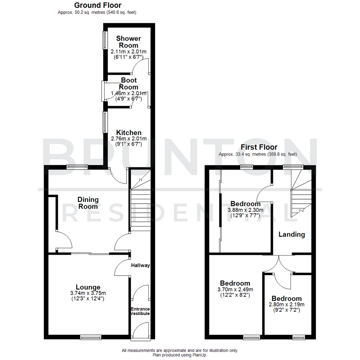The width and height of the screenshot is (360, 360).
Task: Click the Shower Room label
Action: click(129, 42)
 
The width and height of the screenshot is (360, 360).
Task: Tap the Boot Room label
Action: click(129, 83)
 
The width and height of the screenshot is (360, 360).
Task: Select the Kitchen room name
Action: click(129, 133)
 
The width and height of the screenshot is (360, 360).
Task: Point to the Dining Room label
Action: click(88, 203)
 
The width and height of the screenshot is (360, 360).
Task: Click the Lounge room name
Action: click(88, 287)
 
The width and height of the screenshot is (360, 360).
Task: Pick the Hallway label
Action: click(140, 266)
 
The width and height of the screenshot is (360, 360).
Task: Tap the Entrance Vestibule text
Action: click(140, 311)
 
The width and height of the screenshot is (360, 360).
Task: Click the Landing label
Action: click(292, 234)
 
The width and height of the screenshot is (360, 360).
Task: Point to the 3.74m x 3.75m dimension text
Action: click(88, 293)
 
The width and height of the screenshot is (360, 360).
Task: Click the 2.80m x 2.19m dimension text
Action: click(287, 305)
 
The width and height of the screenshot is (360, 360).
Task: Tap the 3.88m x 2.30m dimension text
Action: click(246, 210)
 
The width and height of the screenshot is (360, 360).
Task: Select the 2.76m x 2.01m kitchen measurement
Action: click(129, 139)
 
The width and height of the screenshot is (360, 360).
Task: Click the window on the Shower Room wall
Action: click(104, 40)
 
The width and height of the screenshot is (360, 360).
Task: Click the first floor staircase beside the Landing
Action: click(301, 197)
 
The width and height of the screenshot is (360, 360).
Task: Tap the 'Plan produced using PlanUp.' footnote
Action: click(180, 355)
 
